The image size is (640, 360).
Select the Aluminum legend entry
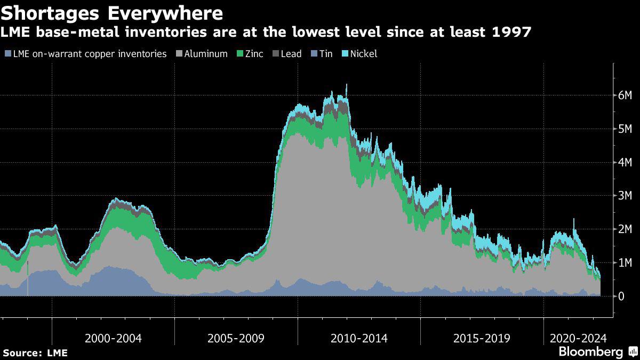click(206, 54)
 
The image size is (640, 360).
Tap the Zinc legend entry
click(253, 54)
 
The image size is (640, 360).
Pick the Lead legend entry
click(291, 54)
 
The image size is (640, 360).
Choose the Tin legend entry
click(325, 54)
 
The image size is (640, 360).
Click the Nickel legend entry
click(363, 54)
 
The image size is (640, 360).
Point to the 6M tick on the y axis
click(625, 95)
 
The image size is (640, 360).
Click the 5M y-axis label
click(625, 129)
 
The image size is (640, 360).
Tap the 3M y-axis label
click(625, 196)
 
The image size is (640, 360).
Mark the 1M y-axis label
click(625, 262)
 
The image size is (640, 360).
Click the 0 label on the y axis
click(621, 296)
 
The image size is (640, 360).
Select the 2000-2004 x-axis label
click(113, 338)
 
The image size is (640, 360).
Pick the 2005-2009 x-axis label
click(236, 338)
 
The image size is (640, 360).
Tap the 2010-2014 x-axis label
click(359, 338)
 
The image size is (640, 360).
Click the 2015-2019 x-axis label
click(482, 338)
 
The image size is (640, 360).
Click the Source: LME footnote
click(35, 353)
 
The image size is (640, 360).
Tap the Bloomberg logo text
click(590, 352)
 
